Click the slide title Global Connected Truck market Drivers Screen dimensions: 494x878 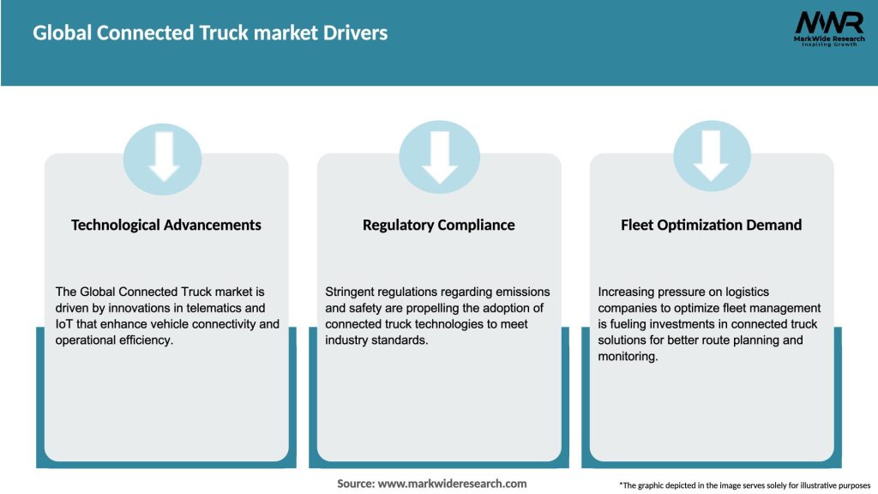tap(210, 33)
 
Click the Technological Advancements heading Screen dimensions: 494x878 tap(166, 225)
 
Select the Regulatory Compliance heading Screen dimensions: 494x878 tap(439, 225)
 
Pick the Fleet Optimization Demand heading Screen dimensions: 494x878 tap(712, 225)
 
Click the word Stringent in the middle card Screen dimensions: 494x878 tap(352, 292)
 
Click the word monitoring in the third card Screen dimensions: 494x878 tap(627, 357)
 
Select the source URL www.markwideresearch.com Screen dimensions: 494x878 tap(452, 484)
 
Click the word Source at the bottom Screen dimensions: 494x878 tap(355, 484)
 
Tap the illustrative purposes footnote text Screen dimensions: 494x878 tap(744, 485)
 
